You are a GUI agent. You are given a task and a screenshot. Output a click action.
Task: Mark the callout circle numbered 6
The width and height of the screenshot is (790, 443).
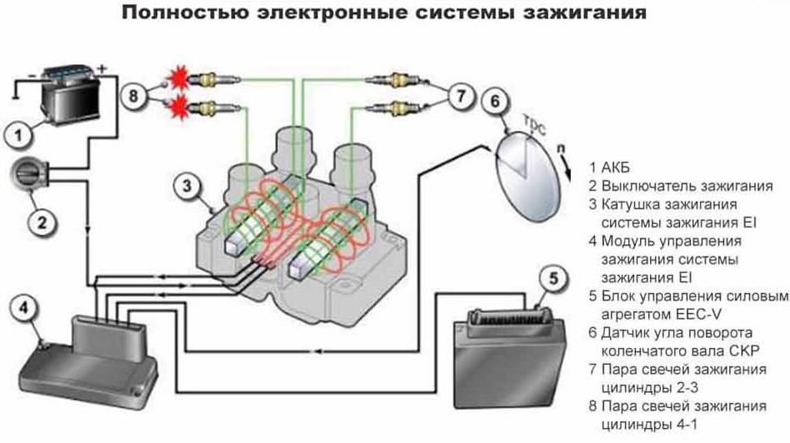click(494, 102)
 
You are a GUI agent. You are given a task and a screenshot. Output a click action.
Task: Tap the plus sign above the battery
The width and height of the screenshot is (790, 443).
click(103, 67)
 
